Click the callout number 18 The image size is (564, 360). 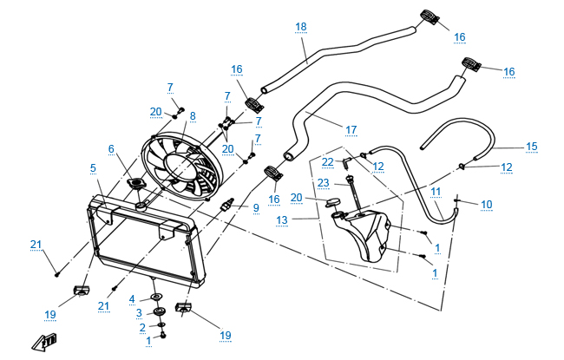(x=301, y=28)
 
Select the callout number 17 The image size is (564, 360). (x=351, y=130)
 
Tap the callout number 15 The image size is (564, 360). (x=532, y=147)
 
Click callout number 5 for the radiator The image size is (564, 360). (x=92, y=167)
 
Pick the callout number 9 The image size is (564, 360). (x=256, y=208)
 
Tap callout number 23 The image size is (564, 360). (x=323, y=183)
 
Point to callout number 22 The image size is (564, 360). (x=327, y=162)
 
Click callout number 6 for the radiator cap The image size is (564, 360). (x=111, y=148)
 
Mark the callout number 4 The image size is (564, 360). (x=133, y=300)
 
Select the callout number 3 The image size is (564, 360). (x=139, y=312)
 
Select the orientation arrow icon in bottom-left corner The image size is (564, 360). (x=43, y=343)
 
